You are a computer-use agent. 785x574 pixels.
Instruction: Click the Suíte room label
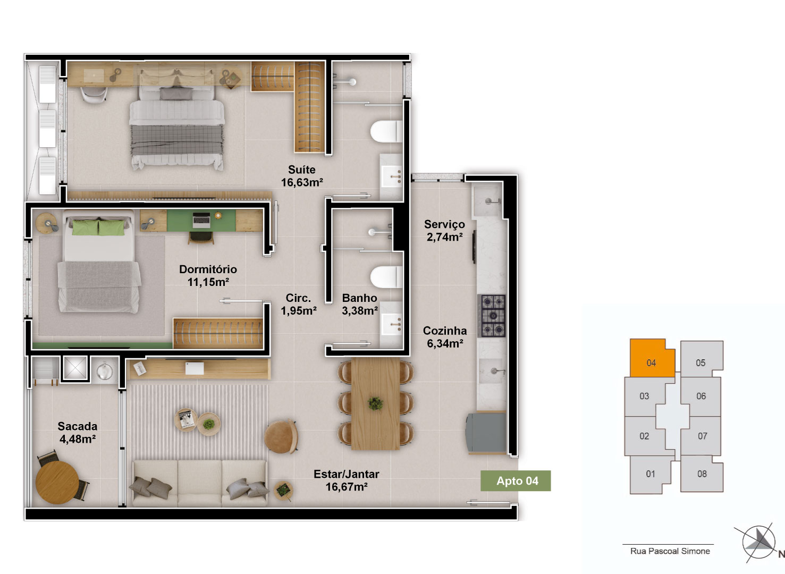(x=301, y=170)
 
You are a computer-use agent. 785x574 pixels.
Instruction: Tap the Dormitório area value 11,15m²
(x=208, y=282)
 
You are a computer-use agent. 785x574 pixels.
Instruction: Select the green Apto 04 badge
(x=516, y=481)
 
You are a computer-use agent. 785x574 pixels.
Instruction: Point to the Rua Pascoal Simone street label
(x=670, y=551)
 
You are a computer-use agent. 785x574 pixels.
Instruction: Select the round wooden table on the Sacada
(x=57, y=483)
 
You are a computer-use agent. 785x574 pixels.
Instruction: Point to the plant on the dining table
(x=375, y=403)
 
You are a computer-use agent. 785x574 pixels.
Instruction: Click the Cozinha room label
(x=445, y=331)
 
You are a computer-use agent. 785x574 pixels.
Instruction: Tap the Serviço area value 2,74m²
(x=445, y=237)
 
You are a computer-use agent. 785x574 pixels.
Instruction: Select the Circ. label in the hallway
(x=298, y=298)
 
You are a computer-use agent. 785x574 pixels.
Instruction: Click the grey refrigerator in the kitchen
(x=485, y=434)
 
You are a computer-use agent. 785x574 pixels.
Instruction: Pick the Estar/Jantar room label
(x=346, y=474)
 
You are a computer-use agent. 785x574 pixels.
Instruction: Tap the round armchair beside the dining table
(x=281, y=436)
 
